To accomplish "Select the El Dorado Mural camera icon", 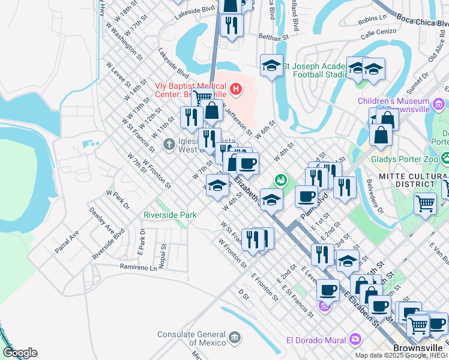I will tap(355, 340).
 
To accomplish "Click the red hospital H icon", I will tap(236, 90).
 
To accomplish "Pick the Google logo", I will tap(20, 353).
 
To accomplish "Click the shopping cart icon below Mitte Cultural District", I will tap(425, 203).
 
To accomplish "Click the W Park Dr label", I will tap(118, 200).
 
